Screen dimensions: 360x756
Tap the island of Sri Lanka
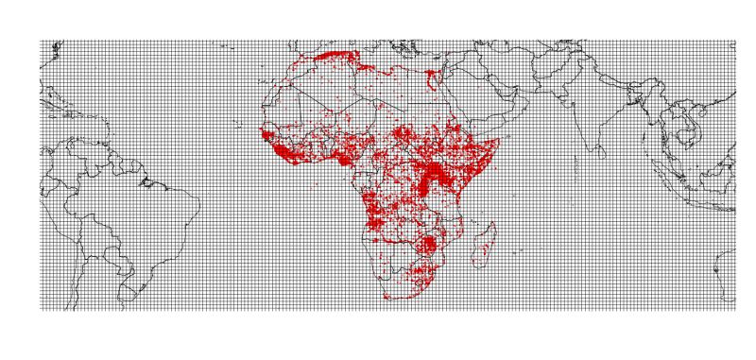606,162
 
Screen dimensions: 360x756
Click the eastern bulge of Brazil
194,203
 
